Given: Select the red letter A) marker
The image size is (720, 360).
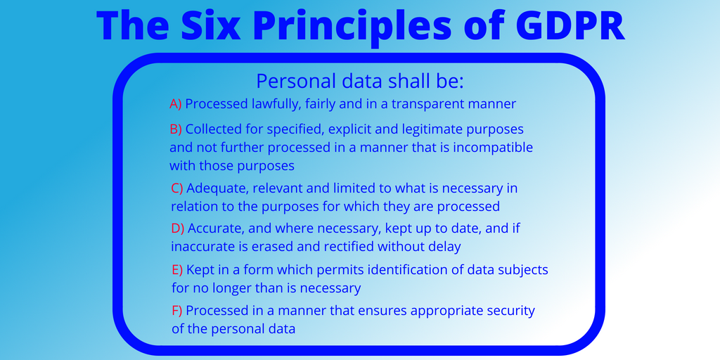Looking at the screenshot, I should click(x=176, y=104).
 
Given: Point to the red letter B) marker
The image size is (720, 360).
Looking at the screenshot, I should click(x=176, y=129).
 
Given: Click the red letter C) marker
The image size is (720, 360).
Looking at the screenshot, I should click(x=177, y=188).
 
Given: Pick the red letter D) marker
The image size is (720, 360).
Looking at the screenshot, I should click(x=178, y=229).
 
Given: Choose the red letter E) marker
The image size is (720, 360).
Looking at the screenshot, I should click(x=177, y=270).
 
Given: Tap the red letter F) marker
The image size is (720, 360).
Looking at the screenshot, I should click(x=177, y=311).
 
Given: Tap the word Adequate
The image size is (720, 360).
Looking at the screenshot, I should click(x=218, y=188).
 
